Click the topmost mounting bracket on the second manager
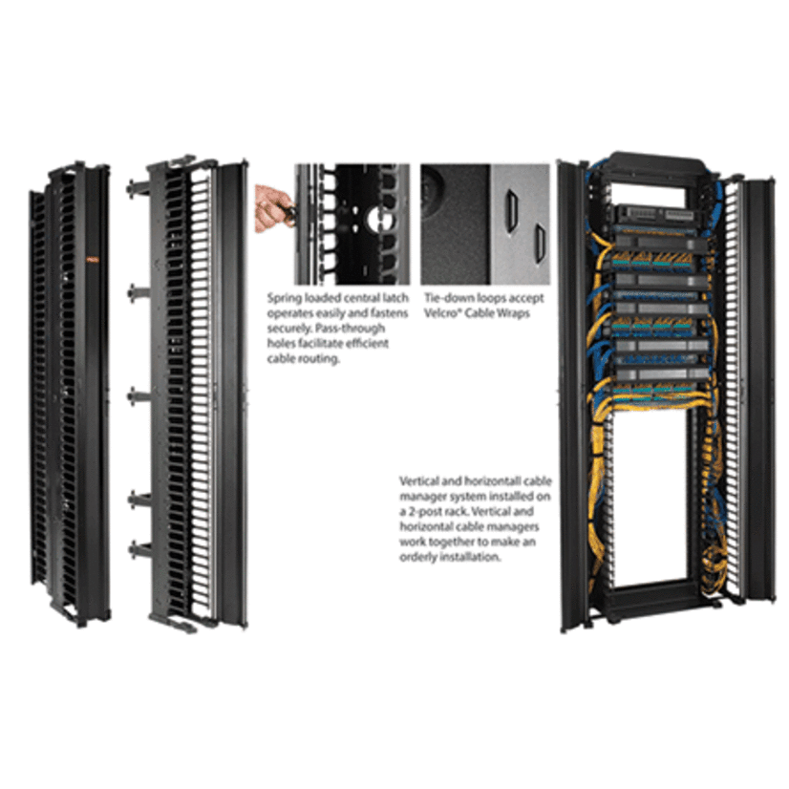pos(135,179)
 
